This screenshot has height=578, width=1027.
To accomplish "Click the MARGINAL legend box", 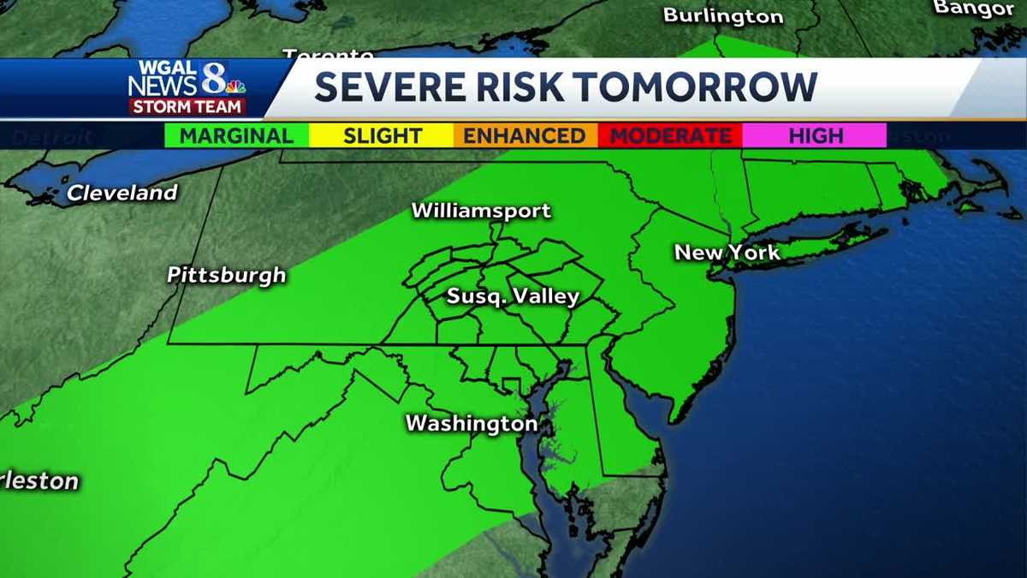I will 236,135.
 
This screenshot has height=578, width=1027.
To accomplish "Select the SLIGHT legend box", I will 382,135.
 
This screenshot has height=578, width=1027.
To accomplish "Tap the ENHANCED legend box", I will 525,135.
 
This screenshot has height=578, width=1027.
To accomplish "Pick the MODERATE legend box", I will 670,135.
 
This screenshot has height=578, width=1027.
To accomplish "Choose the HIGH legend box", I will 815,135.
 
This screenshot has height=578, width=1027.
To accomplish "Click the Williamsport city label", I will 481,211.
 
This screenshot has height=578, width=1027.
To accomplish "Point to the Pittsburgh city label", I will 226,275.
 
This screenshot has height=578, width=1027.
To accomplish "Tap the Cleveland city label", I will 122,193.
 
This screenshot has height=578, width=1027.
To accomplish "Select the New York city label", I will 727,253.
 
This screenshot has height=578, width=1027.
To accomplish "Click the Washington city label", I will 471,423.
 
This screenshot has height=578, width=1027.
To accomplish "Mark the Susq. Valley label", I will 513,297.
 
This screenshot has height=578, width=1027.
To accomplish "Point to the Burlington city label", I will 723,15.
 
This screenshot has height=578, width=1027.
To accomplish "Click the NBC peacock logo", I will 236,86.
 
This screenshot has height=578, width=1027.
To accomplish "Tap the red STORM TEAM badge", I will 187,107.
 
